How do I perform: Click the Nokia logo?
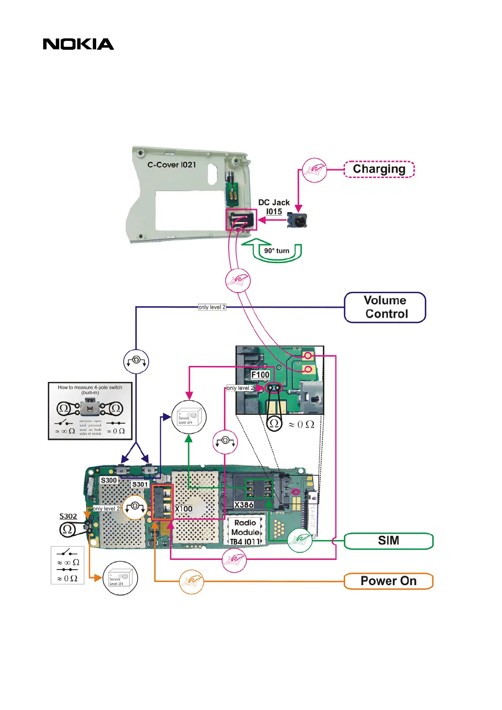(x=78, y=44)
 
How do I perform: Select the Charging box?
(x=379, y=169)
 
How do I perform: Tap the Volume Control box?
(x=385, y=307)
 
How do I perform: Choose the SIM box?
(x=389, y=541)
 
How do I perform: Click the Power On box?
(x=389, y=581)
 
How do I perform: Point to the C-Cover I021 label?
(x=172, y=165)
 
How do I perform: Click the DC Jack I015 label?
(x=274, y=207)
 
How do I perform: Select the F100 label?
(x=260, y=375)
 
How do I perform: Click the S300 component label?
(x=108, y=480)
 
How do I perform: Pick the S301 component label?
(x=140, y=484)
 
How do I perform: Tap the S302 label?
(x=68, y=516)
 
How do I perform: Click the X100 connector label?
(x=184, y=509)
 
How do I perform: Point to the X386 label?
(x=244, y=505)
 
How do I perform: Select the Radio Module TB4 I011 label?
(x=245, y=532)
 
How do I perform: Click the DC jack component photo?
(x=297, y=220)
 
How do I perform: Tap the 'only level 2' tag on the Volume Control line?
(x=212, y=307)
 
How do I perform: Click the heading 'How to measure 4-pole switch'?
(x=90, y=387)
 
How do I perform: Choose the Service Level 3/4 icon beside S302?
(x=120, y=578)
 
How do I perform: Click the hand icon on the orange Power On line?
(x=192, y=581)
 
